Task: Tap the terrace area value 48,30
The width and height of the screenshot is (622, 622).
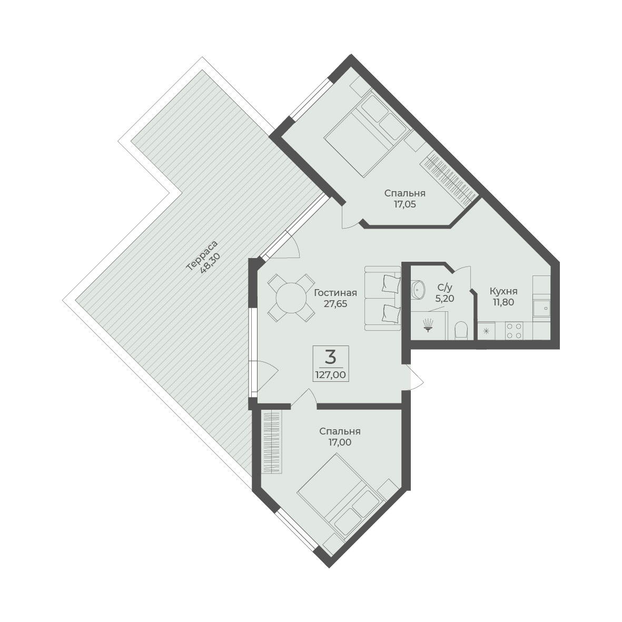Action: click(x=210, y=262)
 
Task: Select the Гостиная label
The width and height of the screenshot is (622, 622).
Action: click(x=335, y=293)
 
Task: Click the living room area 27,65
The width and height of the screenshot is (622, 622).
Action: click(x=335, y=304)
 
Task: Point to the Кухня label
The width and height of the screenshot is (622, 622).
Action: click(x=503, y=291)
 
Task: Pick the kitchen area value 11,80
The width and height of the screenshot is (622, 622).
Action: click(x=503, y=302)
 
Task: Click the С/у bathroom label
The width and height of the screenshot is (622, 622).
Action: click(x=445, y=287)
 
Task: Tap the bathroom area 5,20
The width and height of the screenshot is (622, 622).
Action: click(x=445, y=298)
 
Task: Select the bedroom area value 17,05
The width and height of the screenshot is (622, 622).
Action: click(x=404, y=205)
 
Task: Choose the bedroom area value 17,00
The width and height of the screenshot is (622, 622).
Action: click(x=340, y=442)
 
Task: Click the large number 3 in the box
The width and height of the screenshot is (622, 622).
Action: click(x=330, y=358)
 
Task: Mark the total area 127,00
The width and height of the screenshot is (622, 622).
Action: click(x=330, y=374)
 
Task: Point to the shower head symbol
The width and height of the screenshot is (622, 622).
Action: click(x=428, y=325)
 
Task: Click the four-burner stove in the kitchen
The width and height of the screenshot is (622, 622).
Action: click(x=514, y=331)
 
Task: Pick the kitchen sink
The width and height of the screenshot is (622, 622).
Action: click(x=542, y=308)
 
